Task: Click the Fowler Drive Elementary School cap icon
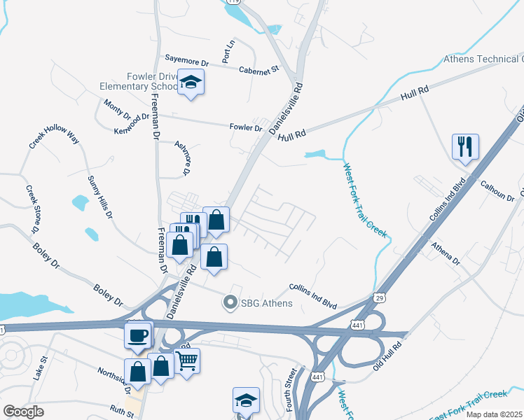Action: tap(191, 83)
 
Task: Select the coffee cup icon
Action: tap(138, 335)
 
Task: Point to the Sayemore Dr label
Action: tap(187, 60)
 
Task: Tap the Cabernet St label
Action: tap(258, 69)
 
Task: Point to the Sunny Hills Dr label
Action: tap(100, 197)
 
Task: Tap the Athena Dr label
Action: tap(445, 253)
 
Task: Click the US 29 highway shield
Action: tap(379, 298)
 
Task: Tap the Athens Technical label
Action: tap(483, 59)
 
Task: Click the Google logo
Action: tap(23, 412)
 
